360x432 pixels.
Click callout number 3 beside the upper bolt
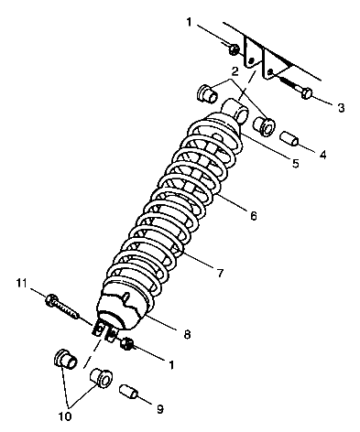(x=341, y=108)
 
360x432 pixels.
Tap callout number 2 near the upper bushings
(x=235, y=71)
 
